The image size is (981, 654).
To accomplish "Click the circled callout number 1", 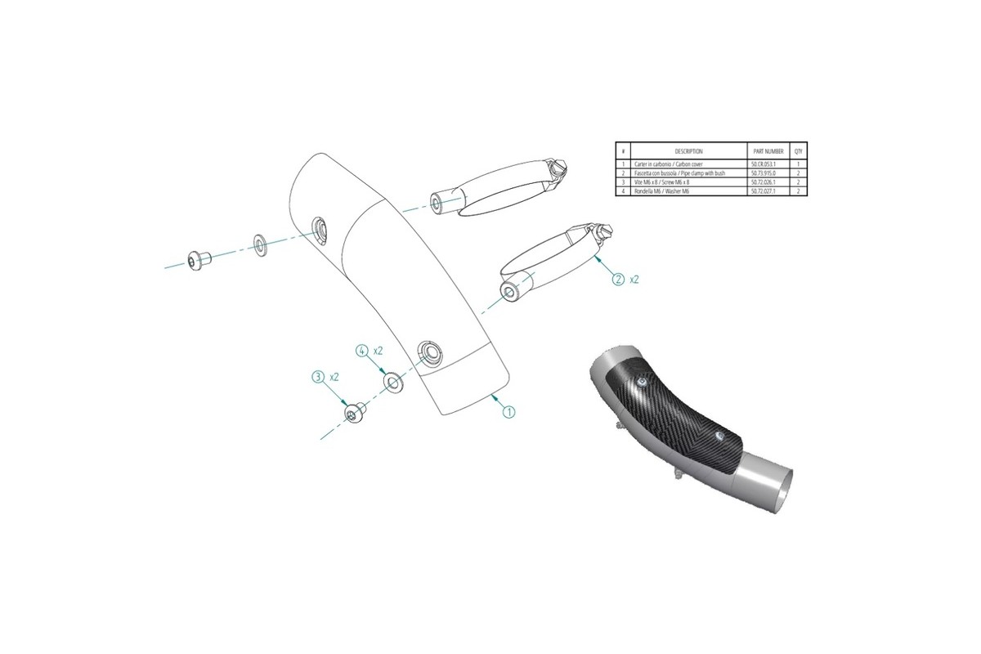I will pos(508,412).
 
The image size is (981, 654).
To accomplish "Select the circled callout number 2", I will pos(618,279).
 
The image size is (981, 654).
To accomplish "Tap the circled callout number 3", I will pos(318,377).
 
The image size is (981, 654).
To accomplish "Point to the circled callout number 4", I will pos(361,350).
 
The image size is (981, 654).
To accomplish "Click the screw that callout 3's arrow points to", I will pos(353,414).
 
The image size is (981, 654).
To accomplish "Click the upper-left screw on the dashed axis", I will pos(197,261).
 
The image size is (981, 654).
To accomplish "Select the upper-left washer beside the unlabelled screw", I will pos(258,243).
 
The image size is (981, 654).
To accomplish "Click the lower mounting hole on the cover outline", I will pos(428,352).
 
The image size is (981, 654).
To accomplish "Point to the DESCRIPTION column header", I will pos(688,151).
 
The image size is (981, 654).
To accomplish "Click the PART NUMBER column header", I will pos(768,151).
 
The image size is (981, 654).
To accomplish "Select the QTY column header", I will pos(799,151).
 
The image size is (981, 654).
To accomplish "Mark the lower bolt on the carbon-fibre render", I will pos(720,437).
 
